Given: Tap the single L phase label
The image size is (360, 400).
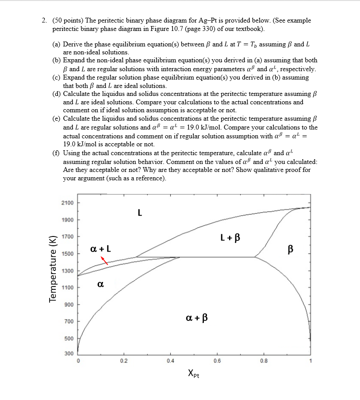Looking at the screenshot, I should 140,213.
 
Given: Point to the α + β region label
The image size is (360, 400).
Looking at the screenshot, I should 197,317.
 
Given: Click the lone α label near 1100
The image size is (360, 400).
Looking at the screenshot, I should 100,285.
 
